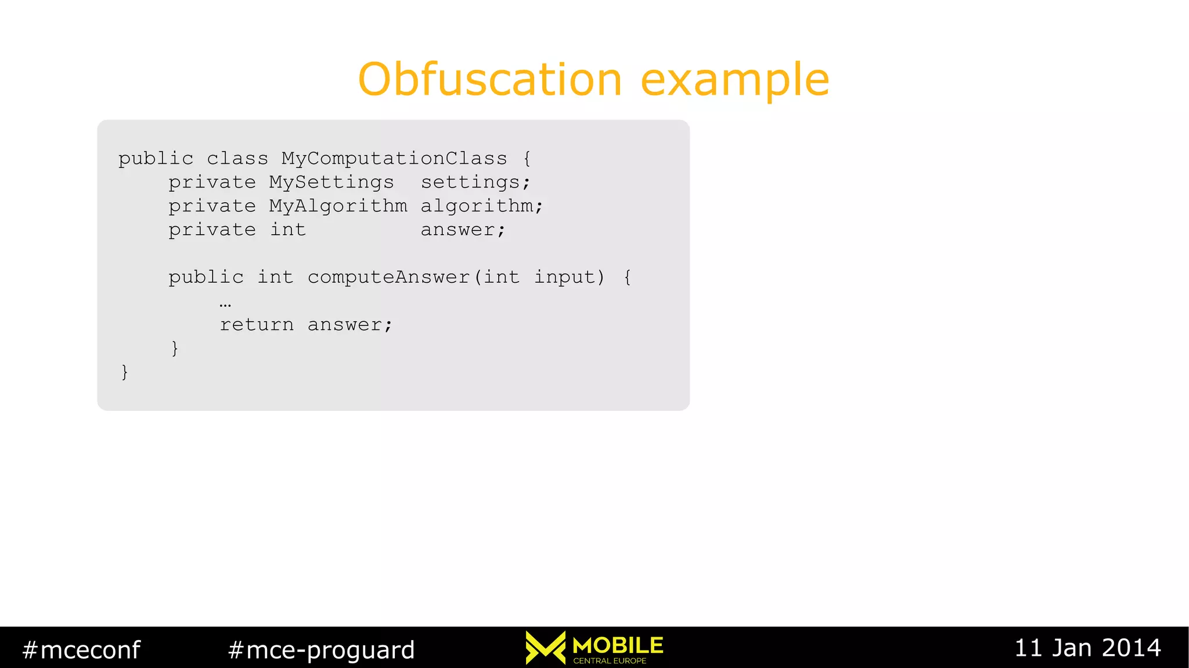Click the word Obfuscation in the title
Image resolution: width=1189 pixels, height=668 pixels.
(x=490, y=80)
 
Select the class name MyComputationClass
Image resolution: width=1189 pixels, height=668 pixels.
(x=394, y=159)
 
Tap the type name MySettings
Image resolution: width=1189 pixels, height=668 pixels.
(x=332, y=182)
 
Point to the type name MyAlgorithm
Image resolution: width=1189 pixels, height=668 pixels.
(x=338, y=206)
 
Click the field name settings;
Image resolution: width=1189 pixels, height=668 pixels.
(x=475, y=182)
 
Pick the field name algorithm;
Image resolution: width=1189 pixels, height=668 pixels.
(x=482, y=206)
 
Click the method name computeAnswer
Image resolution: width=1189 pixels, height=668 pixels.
(x=388, y=278)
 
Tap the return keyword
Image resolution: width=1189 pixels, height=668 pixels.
(x=257, y=325)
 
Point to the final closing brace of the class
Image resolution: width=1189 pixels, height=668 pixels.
(x=124, y=372)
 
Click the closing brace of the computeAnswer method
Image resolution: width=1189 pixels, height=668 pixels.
(x=175, y=348)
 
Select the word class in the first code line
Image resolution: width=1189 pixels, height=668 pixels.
(x=237, y=159)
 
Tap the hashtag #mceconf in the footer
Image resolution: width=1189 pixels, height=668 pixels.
(x=81, y=649)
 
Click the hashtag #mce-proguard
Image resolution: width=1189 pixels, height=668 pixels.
(x=322, y=649)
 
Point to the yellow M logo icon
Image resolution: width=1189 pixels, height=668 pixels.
(x=545, y=647)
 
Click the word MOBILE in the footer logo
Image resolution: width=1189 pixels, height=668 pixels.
(x=618, y=645)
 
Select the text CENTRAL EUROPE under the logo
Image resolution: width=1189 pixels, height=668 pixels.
(x=610, y=661)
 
